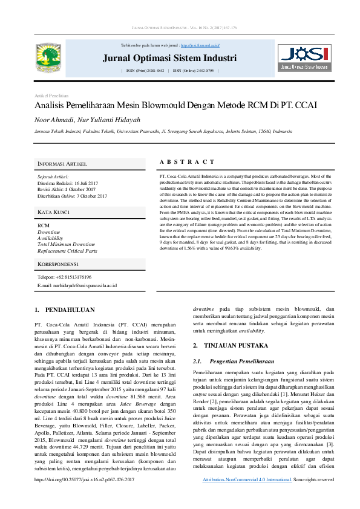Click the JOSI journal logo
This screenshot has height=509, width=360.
pyautogui.click(x=305, y=57)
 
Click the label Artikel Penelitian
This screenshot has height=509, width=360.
pyautogui.click(x=51, y=96)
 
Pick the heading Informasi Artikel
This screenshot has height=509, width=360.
pyautogui.click(x=62, y=164)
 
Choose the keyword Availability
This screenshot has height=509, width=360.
pyautogui.click(x=50, y=238)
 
